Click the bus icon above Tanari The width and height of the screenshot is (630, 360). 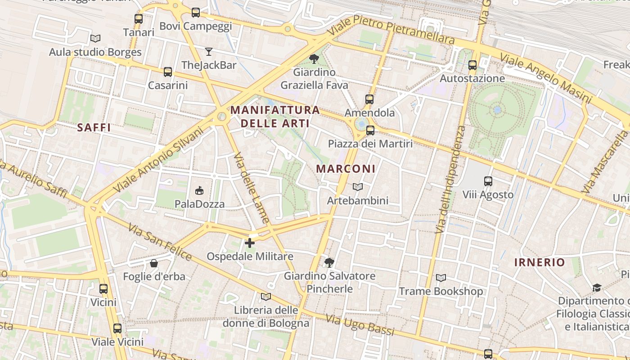[139, 19]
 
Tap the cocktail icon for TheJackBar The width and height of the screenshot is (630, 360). [209, 51]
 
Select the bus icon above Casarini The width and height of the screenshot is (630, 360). [168, 72]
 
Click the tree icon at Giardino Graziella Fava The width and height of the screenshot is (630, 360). [314, 58]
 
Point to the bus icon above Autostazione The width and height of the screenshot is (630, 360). [472, 65]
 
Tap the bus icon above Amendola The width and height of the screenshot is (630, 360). [369, 99]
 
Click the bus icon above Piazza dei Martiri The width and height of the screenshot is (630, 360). [370, 130]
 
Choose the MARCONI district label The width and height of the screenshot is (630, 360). [346, 169]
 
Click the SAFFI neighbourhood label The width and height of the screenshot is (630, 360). [94, 127]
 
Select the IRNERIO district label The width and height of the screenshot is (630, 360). [540, 262]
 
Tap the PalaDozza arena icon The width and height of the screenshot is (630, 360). [199, 191]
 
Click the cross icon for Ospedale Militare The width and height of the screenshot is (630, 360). [250, 243]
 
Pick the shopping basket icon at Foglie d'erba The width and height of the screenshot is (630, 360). [154, 263]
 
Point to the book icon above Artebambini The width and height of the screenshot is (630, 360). [358, 187]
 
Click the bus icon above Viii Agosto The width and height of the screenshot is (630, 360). [488, 181]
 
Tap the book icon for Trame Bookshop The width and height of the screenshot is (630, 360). [441, 278]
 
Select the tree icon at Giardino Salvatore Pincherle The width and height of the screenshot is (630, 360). [329, 262]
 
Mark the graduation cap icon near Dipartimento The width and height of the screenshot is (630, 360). [597, 288]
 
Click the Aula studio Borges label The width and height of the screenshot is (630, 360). [95, 52]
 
